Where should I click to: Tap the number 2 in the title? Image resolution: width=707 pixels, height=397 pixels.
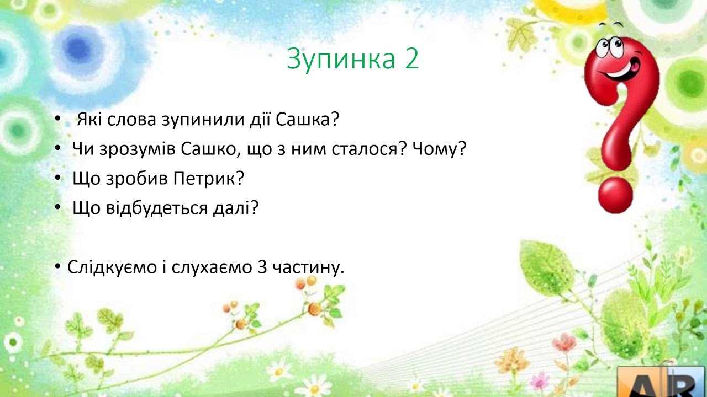(x=411, y=58)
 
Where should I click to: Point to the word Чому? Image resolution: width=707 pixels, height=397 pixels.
(x=439, y=149)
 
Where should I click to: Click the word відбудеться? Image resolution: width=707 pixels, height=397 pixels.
(x=156, y=208)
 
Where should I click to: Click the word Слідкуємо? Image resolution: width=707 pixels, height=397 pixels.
(x=112, y=268)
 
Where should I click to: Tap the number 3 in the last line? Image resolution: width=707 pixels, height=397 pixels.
(x=262, y=267)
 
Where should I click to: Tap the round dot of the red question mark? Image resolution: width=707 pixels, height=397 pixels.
(x=615, y=195)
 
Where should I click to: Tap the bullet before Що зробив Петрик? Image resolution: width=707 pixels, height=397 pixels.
(x=57, y=178)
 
